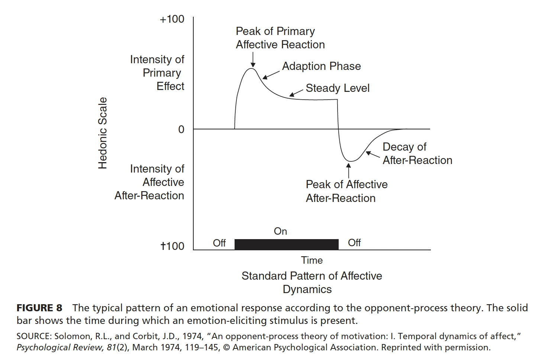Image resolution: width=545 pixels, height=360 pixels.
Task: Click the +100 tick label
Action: pyautogui.click(x=172, y=19)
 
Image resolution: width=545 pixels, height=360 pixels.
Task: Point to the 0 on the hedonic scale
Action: pyautogui.click(x=181, y=129)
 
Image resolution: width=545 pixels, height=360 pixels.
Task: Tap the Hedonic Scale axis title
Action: pyautogui.click(x=103, y=133)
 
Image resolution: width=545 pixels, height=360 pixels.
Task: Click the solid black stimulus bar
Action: pyautogui.click(x=286, y=244)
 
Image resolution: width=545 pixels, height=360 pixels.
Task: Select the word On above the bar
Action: pyautogui.click(x=280, y=231)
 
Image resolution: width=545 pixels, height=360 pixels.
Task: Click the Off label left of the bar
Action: pyautogui.click(x=219, y=243)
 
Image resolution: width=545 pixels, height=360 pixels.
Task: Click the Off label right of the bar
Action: pyautogui.click(x=354, y=242)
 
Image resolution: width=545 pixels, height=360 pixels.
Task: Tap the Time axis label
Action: pyautogui.click(x=312, y=260)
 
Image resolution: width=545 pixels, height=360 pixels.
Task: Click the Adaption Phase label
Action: pyautogui.click(x=321, y=66)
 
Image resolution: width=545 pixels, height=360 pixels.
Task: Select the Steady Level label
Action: pyautogui.click(x=338, y=88)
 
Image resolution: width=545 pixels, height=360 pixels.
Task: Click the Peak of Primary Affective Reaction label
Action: pyautogui.click(x=280, y=38)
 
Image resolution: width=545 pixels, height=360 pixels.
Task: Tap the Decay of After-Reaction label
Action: pyautogui.click(x=417, y=154)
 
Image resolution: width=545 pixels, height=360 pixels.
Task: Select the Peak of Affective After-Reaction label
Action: pyautogui.click(x=346, y=191)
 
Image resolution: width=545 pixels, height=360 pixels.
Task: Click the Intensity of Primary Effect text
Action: pyautogui.click(x=158, y=73)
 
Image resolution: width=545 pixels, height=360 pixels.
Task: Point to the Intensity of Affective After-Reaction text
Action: pyautogui.click(x=149, y=182)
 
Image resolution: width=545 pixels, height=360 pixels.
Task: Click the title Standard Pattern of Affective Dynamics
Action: pyautogui.click(x=312, y=282)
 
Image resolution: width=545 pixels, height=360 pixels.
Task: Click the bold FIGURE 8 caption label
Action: pyautogui.click(x=39, y=308)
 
